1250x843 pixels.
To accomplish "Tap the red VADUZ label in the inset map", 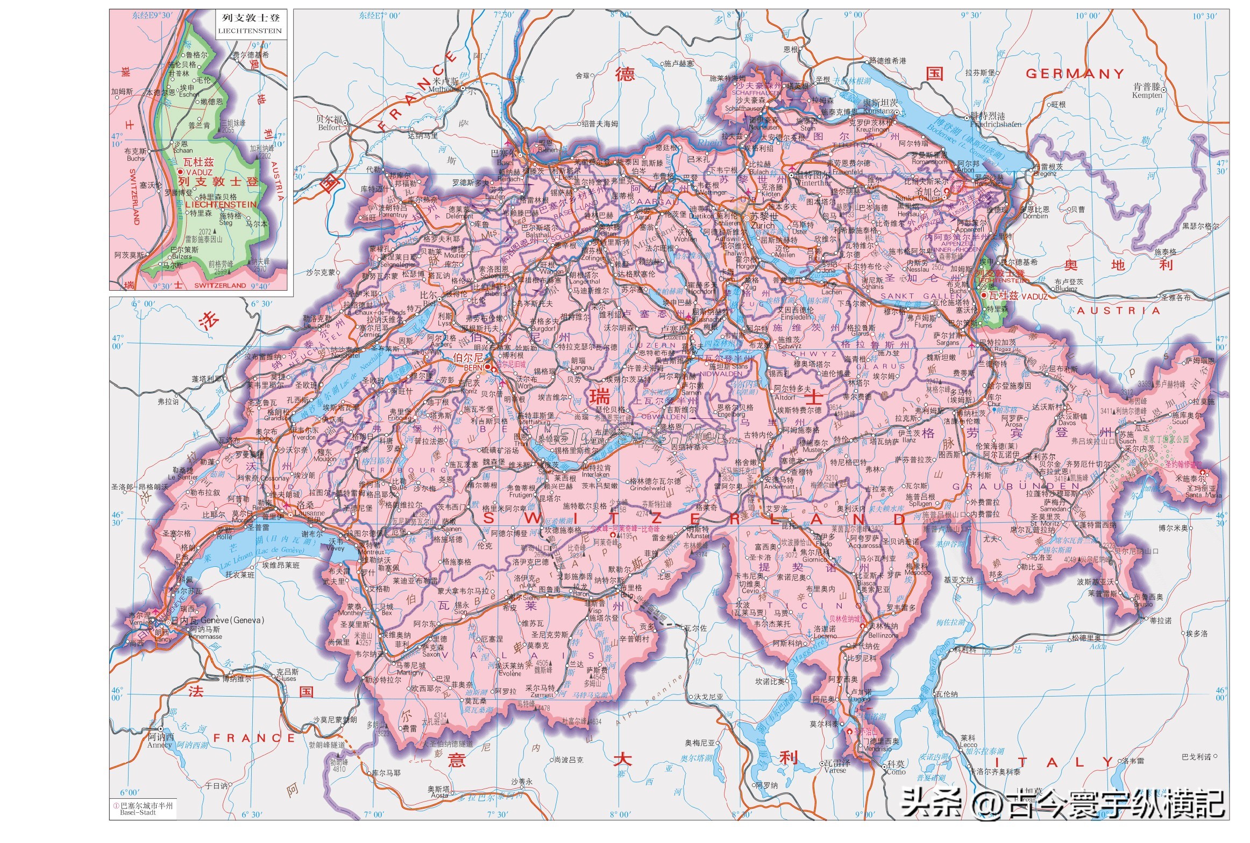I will (x=200, y=172).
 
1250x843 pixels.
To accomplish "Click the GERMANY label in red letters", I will (x=1074, y=74).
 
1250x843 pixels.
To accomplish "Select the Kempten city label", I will (x=1146, y=96).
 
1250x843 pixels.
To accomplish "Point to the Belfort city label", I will (x=329, y=128).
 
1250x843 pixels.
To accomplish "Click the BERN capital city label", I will (x=473, y=367).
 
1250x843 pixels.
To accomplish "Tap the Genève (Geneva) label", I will (x=232, y=620).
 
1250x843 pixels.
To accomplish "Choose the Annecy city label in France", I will (x=159, y=745).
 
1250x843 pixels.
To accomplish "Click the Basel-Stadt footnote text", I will (x=138, y=812).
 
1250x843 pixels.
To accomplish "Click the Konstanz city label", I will (x=878, y=111).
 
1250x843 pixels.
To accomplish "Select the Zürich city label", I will (x=762, y=226).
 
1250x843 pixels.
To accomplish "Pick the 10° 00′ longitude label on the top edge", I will (x=1088, y=16).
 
